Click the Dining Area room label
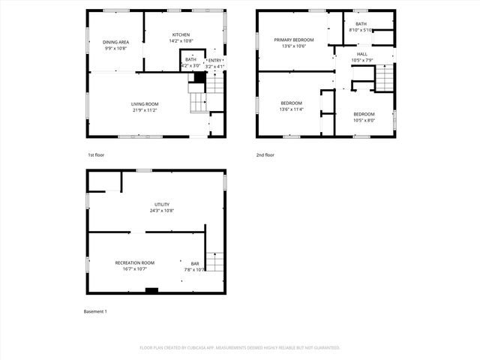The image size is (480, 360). [x=116, y=42]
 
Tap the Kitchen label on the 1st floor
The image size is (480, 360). [x=181, y=34]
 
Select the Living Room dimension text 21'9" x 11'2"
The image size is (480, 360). [x=145, y=110]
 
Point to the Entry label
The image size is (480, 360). [x=215, y=60]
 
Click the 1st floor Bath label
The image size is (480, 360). [x=190, y=59]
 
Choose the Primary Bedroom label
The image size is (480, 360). [x=293, y=40]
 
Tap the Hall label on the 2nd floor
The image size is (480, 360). [x=362, y=54]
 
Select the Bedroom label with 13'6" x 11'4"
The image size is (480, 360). [x=292, y=103]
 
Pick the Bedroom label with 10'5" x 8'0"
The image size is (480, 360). [x=364, y=114]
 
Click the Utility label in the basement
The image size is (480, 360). [x=162, y=204]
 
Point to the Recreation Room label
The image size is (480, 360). [x=135, y=262]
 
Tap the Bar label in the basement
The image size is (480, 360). [x=195, y=263]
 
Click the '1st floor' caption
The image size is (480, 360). [x=97, y=154]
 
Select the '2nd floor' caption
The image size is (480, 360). [x=265, y=154]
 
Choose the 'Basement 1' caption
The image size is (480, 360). [x=95, y=311]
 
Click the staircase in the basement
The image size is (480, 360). [x=214, y=261]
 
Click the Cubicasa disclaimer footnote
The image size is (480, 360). [x=240, y=347]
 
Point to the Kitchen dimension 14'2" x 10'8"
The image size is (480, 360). [x=181, y=41]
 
